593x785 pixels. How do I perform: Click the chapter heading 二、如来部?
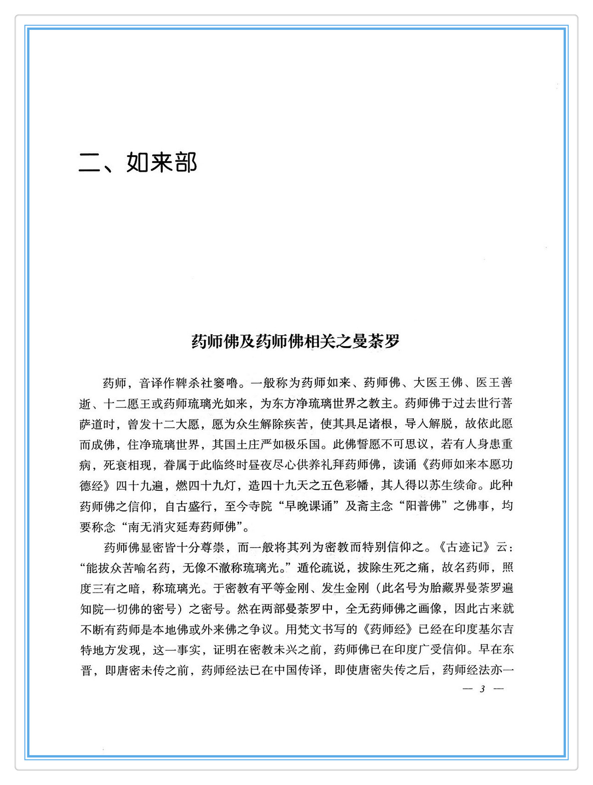click(138, 162)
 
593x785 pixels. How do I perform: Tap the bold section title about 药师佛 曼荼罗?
click(296, 341)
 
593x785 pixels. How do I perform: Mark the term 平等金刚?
click(287, 588)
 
